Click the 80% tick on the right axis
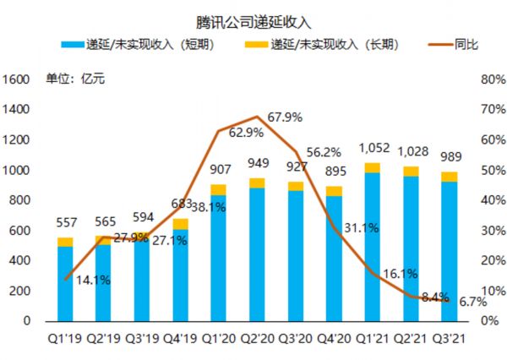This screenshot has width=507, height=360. pos(492,79)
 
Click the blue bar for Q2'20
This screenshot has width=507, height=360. pos(256,254)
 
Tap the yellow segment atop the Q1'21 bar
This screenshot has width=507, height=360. pos(372,167)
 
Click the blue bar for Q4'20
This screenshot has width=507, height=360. pos(334,258)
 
